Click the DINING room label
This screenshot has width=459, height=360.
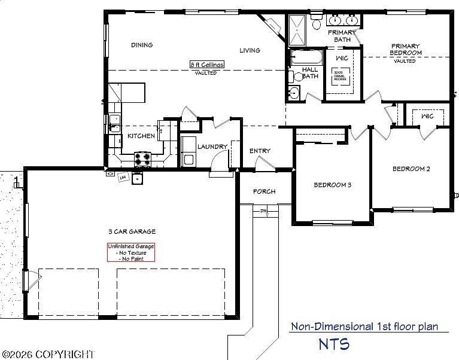coord(142,45)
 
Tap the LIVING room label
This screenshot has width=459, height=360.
coord(250,50)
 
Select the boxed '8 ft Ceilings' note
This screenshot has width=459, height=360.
coord(206,65)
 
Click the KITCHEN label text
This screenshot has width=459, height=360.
coord(141,136)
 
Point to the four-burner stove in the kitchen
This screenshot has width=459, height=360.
coord(142,158)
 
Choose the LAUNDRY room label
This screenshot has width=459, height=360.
coord(212,147)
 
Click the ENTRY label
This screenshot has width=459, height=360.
coord(260,151)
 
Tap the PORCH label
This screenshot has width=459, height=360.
coord(264,191)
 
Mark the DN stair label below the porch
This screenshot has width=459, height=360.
coord(263,211)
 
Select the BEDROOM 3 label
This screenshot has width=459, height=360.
coord(332,185)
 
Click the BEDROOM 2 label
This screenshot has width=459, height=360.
coord(411,169)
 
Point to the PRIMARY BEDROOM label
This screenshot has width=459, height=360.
coord(405,50)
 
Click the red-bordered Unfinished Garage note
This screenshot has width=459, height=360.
coord(131,252)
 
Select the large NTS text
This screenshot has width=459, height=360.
coord(334,344)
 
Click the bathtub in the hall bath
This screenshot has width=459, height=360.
coord(305,57)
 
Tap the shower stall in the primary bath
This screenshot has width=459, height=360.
coord(297,30)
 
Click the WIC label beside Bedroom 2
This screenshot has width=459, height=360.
coord(427,116)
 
